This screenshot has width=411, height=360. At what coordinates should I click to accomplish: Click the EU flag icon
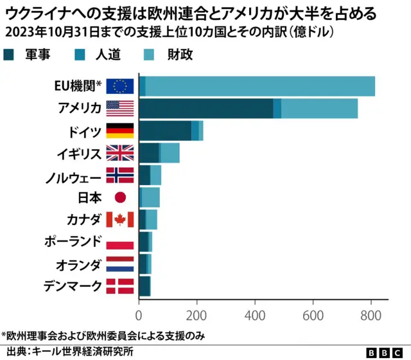click(x=120, y=86)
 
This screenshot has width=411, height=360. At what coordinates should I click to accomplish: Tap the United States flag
click(x=120, y=108)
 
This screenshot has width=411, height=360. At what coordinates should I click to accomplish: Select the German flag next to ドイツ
click(x=120, y=130)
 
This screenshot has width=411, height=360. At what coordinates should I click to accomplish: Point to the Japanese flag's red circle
click(x=120, y=197)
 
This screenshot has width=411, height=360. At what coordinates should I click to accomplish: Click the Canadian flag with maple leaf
click(x=120, y=219)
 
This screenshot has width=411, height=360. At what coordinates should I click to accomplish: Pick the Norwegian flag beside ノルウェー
click(x=120, y=175)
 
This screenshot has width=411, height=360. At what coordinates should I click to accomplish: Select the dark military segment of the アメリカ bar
click(x=205, y=108)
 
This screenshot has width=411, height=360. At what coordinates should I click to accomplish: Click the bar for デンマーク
click(x=144, y=286)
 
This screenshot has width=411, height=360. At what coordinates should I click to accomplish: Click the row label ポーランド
click(x=73, y=242)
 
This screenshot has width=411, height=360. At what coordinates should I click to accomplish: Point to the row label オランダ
click(x=78, y=264)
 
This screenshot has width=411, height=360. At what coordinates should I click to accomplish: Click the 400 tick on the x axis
click(x=255, y=315)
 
